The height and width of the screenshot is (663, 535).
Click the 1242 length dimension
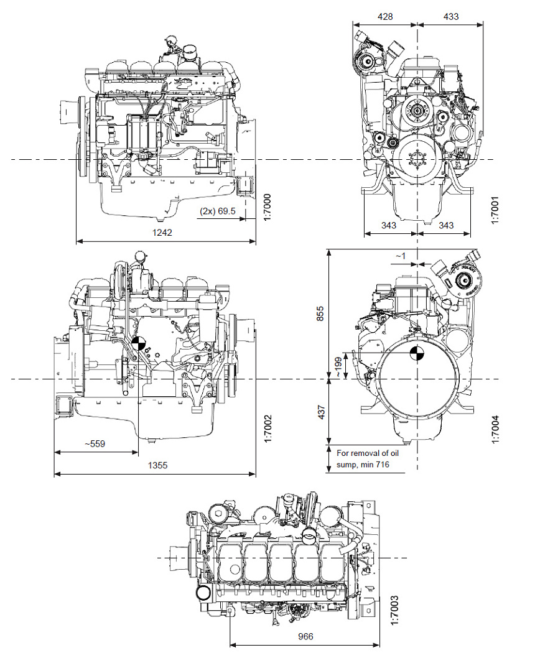163,232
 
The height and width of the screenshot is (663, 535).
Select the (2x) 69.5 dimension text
218,211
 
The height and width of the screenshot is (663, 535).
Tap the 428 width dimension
385,17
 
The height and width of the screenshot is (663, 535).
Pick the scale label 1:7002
268,429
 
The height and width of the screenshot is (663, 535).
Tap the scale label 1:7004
495,429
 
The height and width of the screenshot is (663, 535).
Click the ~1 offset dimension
400,256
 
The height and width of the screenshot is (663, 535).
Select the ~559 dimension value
96,444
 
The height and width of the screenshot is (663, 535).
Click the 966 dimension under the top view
305,636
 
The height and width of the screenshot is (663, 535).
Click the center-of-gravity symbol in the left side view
139,343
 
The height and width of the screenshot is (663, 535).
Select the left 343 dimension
389,225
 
